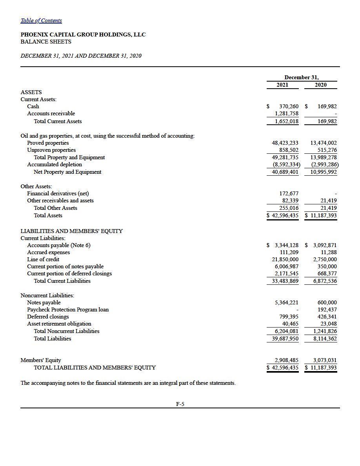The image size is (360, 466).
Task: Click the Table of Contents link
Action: tap(41, 20)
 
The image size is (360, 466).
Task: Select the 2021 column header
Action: tap(282, 85)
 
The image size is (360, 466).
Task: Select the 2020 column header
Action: tap(320, 85)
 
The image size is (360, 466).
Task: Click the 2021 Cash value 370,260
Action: tap(289, 106)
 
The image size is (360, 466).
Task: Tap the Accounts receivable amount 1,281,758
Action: tap(286, 114)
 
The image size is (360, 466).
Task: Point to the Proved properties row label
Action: tap(48, 143)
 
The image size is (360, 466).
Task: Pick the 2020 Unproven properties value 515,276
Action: tap(327, 150)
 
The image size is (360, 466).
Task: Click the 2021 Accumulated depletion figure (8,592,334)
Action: tap(286, 165)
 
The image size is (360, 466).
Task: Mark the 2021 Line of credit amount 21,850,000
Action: tap(285, 260)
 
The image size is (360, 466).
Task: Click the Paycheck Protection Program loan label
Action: tap(68, 310)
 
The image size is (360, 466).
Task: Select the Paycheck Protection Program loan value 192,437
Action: tap(327, 310)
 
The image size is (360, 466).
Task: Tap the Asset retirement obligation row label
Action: tap(59, 324)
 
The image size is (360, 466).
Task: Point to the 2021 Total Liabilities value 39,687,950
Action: tap(285, 339)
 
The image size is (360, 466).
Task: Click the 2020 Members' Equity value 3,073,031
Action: tap(325, 360)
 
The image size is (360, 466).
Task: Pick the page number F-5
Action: tap(180, 403)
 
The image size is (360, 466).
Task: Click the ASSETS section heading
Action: tap(31, 92)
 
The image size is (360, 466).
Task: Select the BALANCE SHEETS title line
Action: tap(46, 42)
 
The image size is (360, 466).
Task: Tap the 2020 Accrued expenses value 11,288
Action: tap(329, 253)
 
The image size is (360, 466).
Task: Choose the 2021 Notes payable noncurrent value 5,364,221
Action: tap(286, 303)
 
